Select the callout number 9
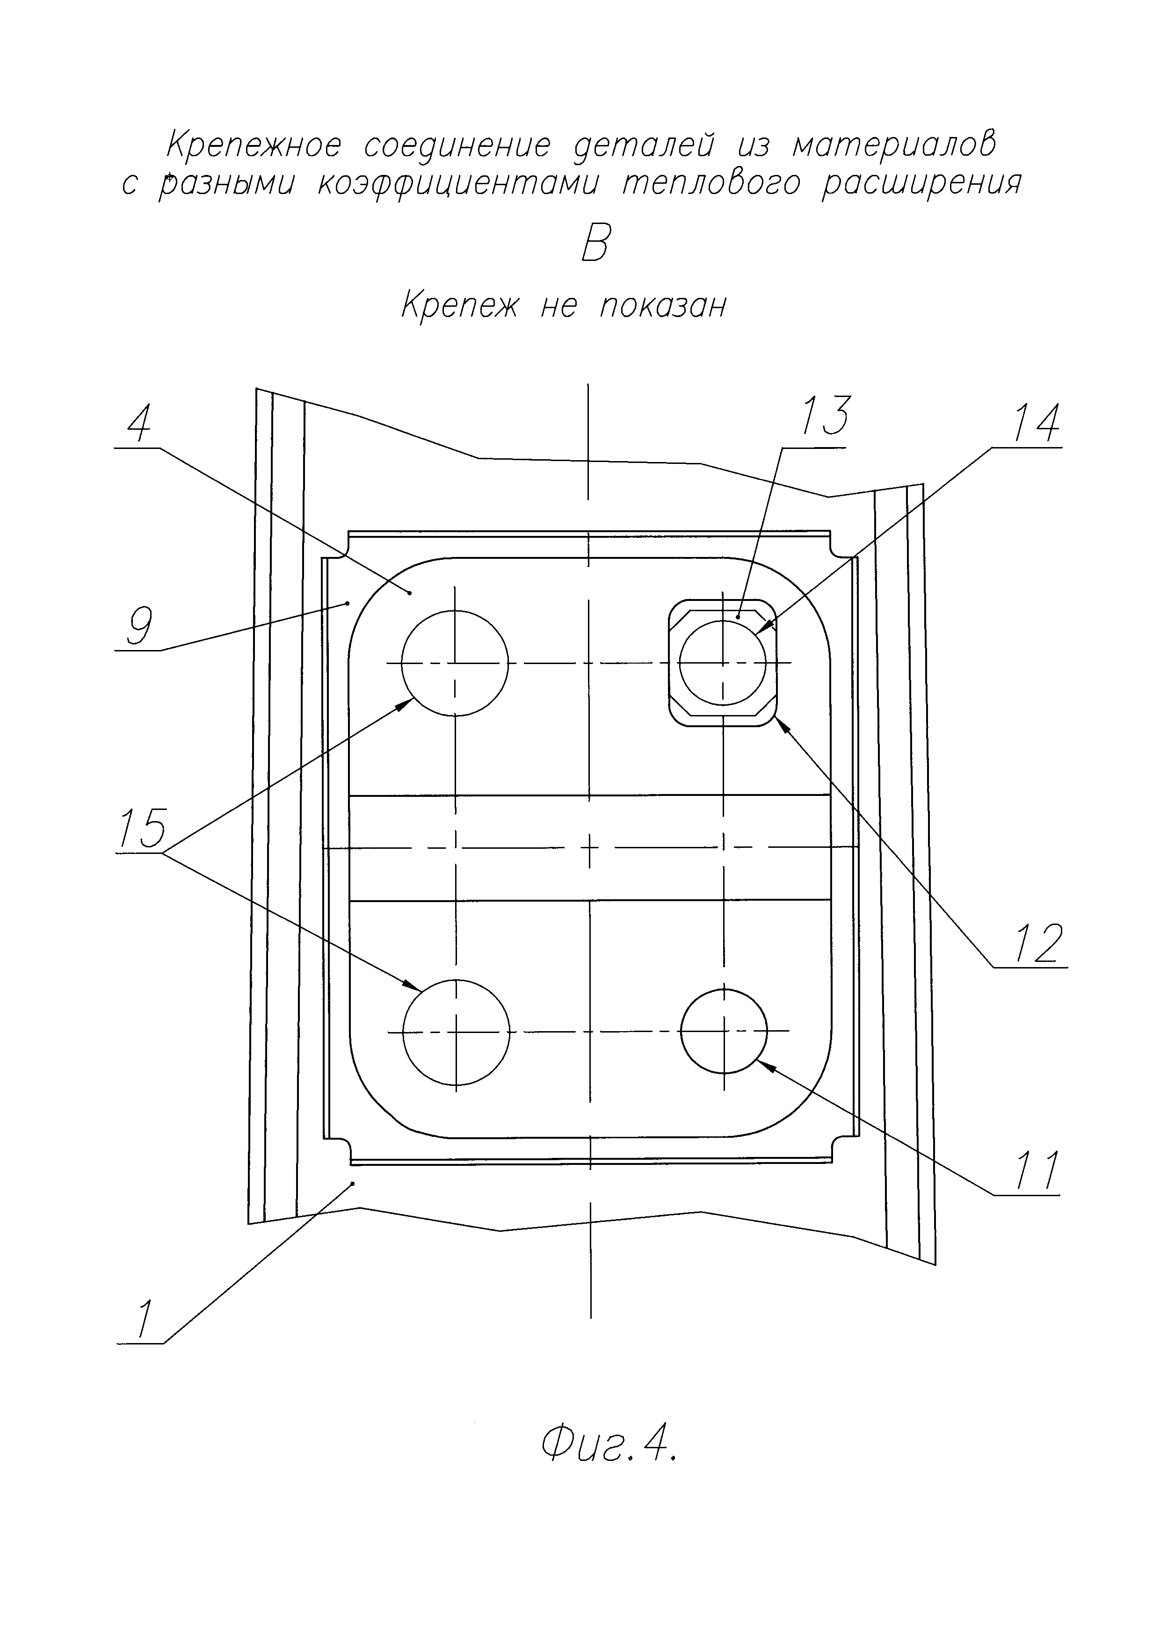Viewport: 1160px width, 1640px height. coord(138,627)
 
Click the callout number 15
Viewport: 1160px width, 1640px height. coord(142,829)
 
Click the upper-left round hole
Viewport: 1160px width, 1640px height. coord(455,663)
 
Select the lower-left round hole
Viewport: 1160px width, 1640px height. coord(457,1032)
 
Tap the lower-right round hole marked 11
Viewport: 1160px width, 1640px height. coord(724,1031)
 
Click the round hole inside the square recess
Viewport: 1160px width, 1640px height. coord(723,663)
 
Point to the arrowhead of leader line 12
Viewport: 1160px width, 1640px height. coord(780,723)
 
